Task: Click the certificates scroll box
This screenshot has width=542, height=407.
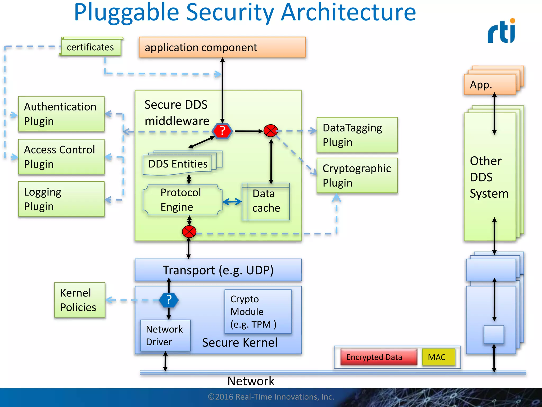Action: [91, 47]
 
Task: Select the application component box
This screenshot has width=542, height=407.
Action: [222, 47]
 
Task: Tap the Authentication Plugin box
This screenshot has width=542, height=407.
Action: [61, 114]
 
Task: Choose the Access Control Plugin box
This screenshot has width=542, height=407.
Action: [61, 157]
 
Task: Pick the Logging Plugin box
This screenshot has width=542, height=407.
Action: [61, 199]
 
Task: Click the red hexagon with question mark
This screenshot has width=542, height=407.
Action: [222, 131]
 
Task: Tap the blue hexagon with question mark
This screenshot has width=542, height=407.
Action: [169, 300]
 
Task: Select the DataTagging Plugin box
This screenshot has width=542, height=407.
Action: [357, 135]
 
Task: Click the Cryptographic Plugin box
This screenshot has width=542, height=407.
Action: [357, 175]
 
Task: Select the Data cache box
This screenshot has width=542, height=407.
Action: [266, 201]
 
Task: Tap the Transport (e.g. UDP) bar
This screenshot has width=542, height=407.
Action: [218, 270]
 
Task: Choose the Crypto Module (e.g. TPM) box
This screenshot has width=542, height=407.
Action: [258, 312]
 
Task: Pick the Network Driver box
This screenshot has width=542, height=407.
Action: [165, 335]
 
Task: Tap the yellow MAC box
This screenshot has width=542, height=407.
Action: [438, 357]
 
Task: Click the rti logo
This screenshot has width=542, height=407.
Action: [502, 31]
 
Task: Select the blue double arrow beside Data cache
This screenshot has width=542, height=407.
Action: [232, 202]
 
